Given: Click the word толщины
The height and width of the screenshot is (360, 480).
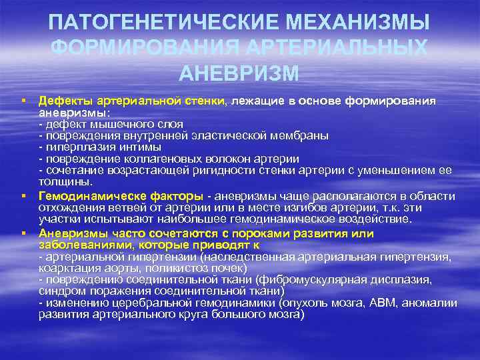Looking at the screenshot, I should coord(65,181).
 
